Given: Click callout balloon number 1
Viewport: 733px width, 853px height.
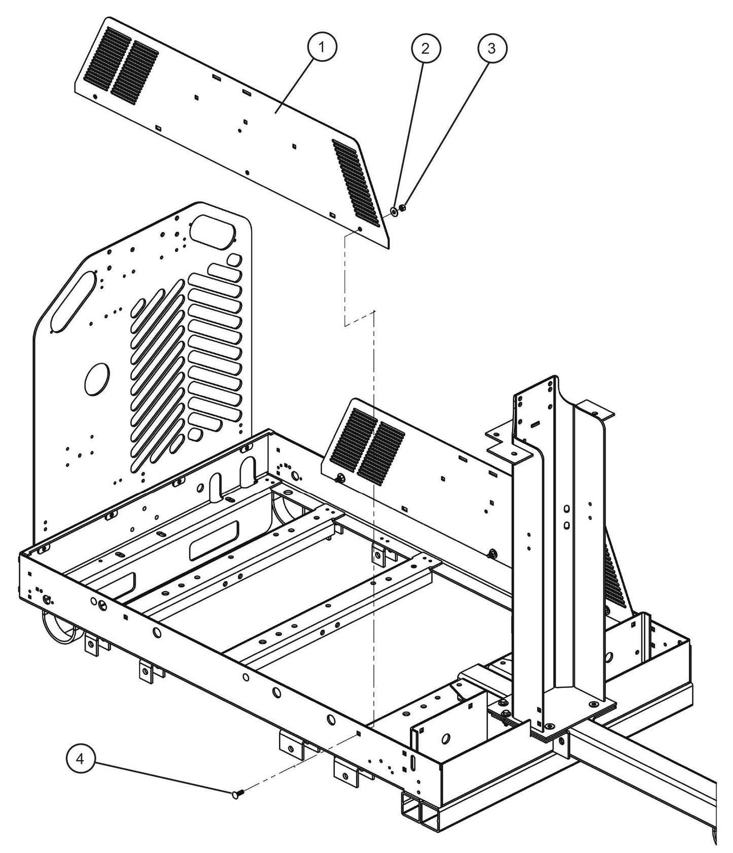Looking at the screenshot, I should pyautogui.click(x=322, y=48).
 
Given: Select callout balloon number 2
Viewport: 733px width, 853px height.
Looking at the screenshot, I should pyautogui.click(x=425, y=48).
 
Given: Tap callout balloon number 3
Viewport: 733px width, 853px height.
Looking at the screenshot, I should pyautogui.click(x=492, y=48).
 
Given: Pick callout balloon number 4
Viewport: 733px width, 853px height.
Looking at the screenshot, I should pyautogui.click(x=81, y=759).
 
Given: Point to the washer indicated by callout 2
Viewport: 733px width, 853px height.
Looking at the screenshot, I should pyautogui.click(x=394, y=210).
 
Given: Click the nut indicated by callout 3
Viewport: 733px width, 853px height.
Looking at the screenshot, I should pyautogui.click(x=402, y=208).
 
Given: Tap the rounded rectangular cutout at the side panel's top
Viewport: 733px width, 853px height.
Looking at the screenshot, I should pyautogui.click(x=214, y=229).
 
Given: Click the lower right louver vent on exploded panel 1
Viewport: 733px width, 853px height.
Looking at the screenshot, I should pyautogui.click(x=356, y=182).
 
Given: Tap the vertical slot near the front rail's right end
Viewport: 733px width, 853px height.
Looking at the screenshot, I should pyautogui.click(x=413, y=764).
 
